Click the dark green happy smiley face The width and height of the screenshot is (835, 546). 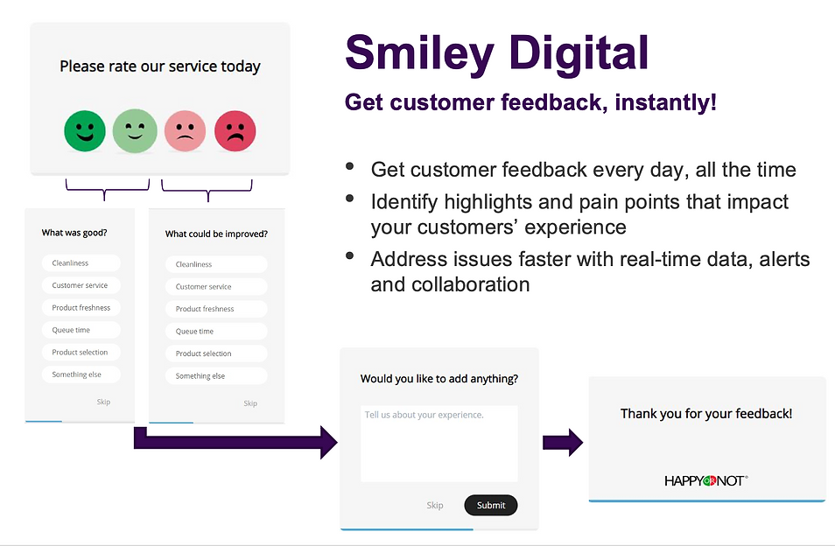(x=85, y=130)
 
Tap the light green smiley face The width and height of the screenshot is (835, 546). (x=136, y=130)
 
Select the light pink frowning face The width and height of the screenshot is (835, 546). (x=185, y=130)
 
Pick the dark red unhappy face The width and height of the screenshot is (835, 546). (x=235, y=130)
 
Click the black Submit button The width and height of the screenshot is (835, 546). (x=490, y=505)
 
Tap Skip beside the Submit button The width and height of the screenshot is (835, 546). (x=435, y=506)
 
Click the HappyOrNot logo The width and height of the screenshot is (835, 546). (x=706, y=480)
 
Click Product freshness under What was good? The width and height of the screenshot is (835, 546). (x=81, y=308)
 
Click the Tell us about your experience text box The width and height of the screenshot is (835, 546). (x=439, y=443)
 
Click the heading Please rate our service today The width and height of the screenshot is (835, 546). (x=160, y=66)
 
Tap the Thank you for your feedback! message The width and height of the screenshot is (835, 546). (x=706, y=414)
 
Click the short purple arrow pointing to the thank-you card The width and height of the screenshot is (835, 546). (x=562, y=443)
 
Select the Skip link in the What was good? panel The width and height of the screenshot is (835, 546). (x=103, y=402)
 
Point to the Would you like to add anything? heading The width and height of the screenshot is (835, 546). (x=439, y=379)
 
